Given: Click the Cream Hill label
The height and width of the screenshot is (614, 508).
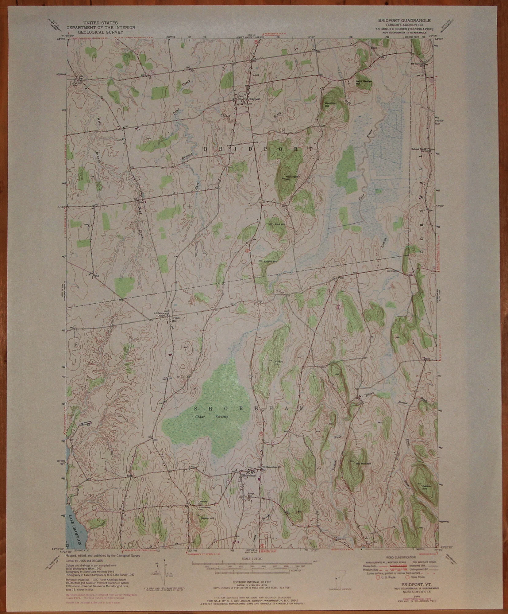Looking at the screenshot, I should (x=175, y=319).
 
